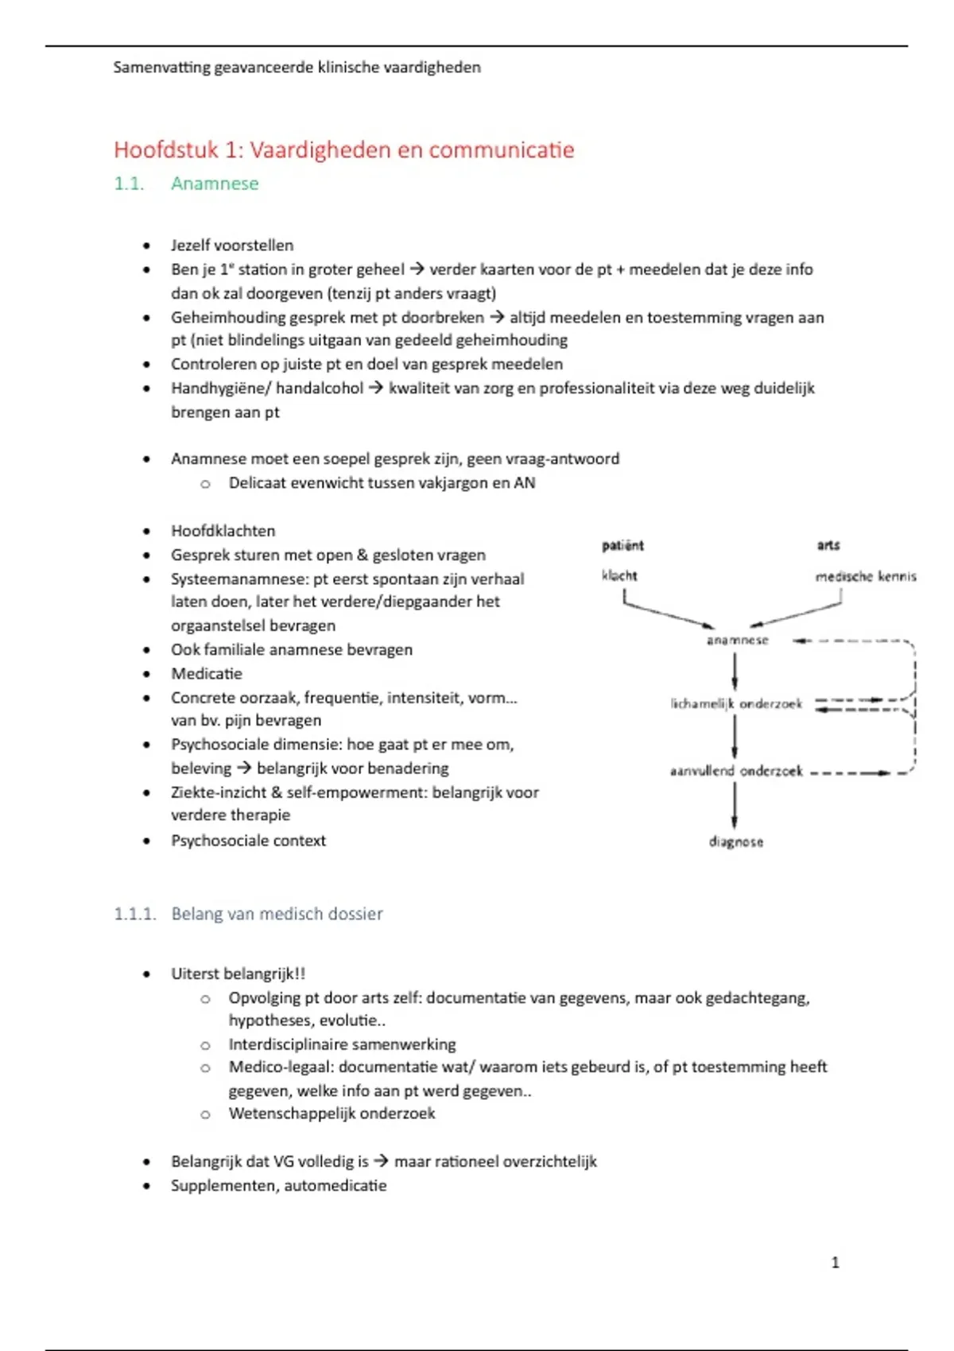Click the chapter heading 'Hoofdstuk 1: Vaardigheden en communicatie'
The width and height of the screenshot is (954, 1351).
(343, 149)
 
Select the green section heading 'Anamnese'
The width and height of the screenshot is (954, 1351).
(215, 184)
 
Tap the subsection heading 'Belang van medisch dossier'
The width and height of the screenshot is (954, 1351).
(277, 914)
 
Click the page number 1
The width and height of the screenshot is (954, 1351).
(835, 1262)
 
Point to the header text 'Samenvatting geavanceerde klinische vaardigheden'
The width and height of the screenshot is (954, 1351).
(297, 68)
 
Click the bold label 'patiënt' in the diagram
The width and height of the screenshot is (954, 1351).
(622, 545)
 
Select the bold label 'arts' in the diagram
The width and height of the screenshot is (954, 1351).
(828, 545)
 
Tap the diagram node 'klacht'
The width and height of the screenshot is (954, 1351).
(619, 575)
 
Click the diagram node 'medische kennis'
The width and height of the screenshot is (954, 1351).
(866, 576)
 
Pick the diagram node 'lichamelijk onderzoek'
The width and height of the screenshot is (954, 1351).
(736, 703)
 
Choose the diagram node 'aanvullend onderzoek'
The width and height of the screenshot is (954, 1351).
(736, 771)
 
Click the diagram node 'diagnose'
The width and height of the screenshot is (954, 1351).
(736, 842)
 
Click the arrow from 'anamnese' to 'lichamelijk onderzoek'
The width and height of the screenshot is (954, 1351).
(735, 672)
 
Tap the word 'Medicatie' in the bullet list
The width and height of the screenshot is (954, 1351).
(207, 673)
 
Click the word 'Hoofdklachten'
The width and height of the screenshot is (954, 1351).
(223, 531)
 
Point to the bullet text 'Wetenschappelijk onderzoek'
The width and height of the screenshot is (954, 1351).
(332, 1113)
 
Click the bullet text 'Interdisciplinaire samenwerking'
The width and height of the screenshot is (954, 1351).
(342, 1044)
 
